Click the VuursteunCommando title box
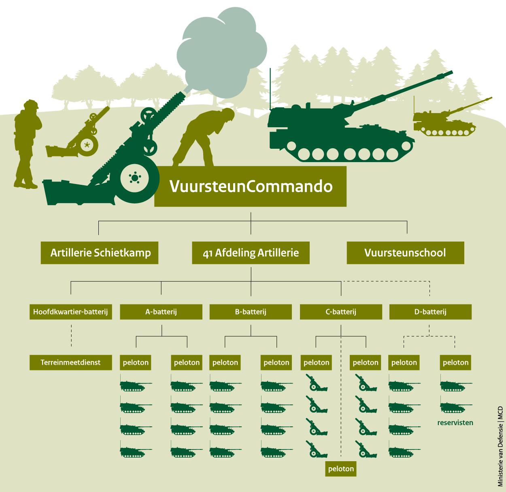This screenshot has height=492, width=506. pyautogui.click(x=251, y=186)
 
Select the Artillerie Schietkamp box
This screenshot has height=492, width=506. pyautogui.click(x=100, y=253)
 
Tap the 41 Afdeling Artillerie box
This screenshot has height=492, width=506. pyautogui.click(x=251, y=253)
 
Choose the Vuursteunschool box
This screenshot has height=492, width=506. pyautogui.click(x=405, y=253)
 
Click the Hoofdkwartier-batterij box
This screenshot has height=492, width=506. pyautogui.click(x=70, y=312)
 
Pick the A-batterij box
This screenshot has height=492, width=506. pyautogui.click(x=161, y=312)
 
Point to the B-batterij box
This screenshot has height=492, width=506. pyautogui.click(x=251, y=312)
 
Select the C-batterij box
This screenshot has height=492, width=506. pyautogui.click(x=341, y=312)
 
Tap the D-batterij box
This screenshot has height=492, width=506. pyautogui.click(x=430, y=312)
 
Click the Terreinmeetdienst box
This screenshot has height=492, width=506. pyautogui.click(x=70, y=362)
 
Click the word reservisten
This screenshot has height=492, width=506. pyautogui.click(x=455, y=423)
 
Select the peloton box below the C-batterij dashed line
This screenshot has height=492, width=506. pyautogui.click(x=341, y=469)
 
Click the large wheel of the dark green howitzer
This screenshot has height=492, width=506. pyautogui.click(x=135, y=178)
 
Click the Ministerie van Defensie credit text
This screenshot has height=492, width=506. pyautogui.click(x=500, y=446)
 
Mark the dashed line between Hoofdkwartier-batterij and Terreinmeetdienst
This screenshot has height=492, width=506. pyautogui.click(x=71, y=337)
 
